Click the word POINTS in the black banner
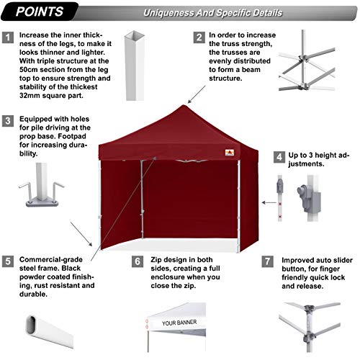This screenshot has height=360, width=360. point(40,12)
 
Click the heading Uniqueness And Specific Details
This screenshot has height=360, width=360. point(212,13)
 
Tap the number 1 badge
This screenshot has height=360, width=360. point(8,37)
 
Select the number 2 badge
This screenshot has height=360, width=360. point(199,37)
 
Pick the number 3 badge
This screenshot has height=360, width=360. point(8,121)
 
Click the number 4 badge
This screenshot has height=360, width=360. point(279,157)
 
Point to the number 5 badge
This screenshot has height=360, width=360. point(8,261)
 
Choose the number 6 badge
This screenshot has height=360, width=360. point(138,261)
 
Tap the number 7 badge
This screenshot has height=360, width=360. point(267,261)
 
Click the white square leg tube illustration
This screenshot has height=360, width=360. point(135,66)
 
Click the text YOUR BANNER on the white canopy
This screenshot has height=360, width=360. point(179,323)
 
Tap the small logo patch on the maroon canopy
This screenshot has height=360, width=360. point(230,153)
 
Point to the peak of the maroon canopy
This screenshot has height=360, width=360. point(184,105)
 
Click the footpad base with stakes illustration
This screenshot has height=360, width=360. point(42,185)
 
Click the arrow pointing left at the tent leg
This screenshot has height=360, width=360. point(269,203)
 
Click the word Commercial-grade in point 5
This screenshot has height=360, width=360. point(51,260)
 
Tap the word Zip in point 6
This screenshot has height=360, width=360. point(156,260)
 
